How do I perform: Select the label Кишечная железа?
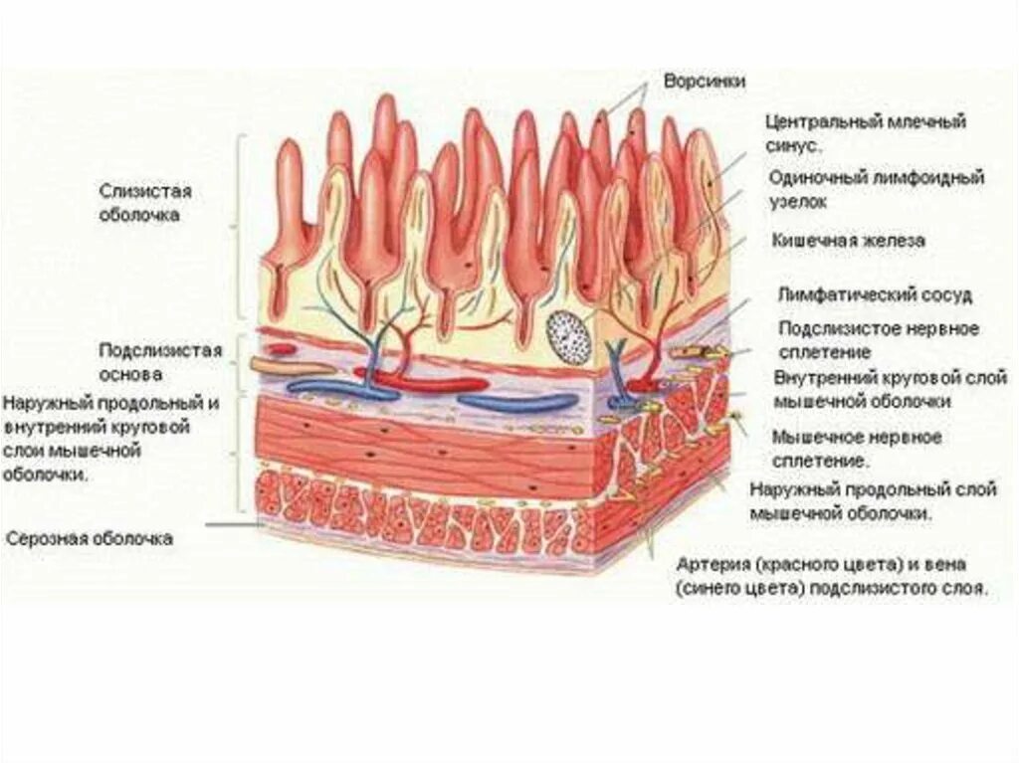(x=848, y=240)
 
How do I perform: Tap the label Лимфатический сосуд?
(x=875, y=295)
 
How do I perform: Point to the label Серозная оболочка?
(x=90, y=538)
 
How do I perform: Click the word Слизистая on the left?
(x=145, y=191)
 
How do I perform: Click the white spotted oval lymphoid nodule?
(x=569, y=333)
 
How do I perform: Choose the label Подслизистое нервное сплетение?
(x=878, y=339)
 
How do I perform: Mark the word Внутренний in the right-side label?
(x=825, y=378)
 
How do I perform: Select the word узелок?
(x=799, y=201)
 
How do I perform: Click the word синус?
(x=793, y=145)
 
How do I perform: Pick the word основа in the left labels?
(x=130, y=375)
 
